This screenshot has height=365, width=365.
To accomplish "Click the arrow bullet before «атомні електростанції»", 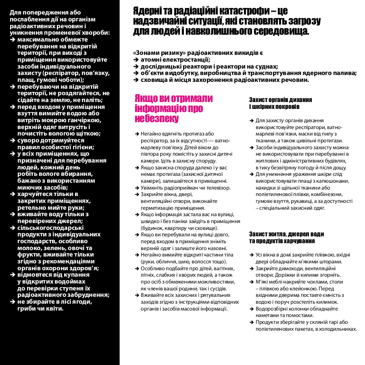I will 136,60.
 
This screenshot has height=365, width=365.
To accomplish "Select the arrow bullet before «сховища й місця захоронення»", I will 136,79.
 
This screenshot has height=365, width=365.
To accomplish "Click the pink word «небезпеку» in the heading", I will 156,119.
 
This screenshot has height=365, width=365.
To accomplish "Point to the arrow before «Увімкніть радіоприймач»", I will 137,188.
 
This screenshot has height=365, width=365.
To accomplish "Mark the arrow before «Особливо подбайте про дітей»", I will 137,268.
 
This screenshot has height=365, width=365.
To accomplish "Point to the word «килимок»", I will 325,302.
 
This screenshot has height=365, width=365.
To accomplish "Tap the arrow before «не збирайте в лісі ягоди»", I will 13,302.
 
